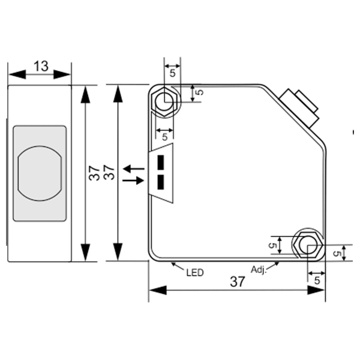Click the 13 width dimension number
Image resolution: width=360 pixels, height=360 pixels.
41,66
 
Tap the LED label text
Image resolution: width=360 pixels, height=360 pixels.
194,272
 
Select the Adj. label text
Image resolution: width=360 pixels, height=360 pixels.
259,269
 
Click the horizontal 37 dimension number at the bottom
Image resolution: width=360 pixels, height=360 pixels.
238,282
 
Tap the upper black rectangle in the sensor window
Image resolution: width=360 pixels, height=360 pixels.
161,162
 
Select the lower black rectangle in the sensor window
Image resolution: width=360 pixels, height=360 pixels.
161,182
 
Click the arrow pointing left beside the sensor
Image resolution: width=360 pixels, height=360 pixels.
134,169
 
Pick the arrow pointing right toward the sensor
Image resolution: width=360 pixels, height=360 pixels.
133,181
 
